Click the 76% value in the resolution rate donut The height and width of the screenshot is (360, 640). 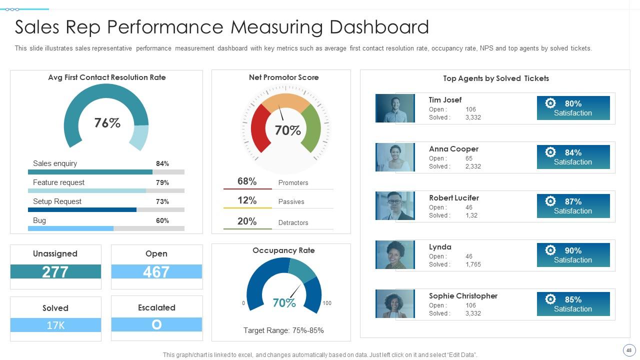(x=107, y=123)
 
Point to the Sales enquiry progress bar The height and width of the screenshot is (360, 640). (x=106, y=172)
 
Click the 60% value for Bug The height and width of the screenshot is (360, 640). (x=162, y=220)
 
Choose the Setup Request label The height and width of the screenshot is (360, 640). (x=57, y=201)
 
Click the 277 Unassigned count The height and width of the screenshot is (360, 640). (x=55, y=271)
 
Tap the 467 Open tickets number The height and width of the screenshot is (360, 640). (x=156, y=271)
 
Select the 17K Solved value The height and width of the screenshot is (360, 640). (x=55, y=325)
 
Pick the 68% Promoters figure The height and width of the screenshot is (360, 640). (x=247, y=181)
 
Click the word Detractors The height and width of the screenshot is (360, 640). (x=293, y=222)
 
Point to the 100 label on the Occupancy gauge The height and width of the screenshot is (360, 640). (x=327, y=303)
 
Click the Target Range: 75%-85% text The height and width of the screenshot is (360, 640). (x=283, y=330)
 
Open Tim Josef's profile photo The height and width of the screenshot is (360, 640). (x=395, y=108)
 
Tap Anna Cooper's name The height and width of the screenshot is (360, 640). (x=453, y=149)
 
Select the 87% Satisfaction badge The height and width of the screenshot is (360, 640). (x=573, y=206)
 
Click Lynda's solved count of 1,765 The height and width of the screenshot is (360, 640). (x=473, y=264)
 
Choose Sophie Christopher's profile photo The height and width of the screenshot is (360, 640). (x=395, y=303)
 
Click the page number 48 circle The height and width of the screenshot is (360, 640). (x=629, y=350)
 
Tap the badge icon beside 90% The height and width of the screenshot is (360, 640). (x=550, y=250)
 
